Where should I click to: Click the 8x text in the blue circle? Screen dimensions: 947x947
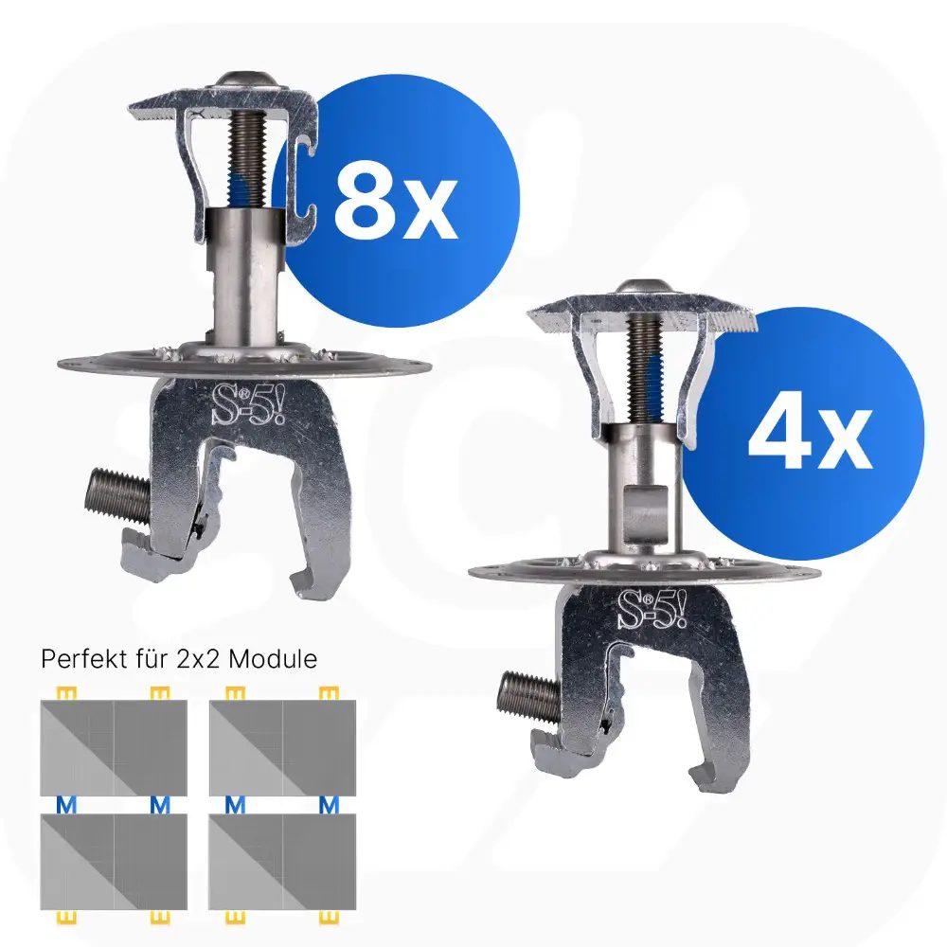click(x=396, y=202)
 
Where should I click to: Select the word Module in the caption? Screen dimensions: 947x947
click(x=273, y=658)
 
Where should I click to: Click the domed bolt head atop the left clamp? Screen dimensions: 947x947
click(x=242, y=80)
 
